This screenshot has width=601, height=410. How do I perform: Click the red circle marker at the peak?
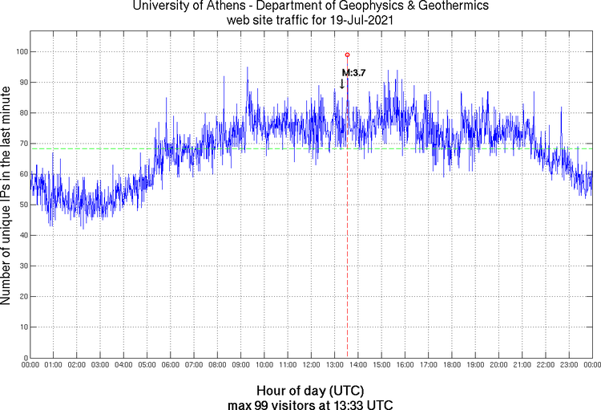pyautogui.click(x=347, y=55)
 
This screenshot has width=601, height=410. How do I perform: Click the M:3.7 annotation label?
pyautogui.click(x=354, y=72)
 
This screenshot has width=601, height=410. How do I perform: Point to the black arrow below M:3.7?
pyautogui.click(x=342, y=83)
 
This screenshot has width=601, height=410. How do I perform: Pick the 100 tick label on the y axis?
pyautogui.click(x=20, y=51)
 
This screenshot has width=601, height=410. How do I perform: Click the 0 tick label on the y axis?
pyautogui.click(x=25, y=358)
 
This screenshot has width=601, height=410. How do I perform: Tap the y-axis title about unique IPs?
pyautogui.click(x=7, y=197)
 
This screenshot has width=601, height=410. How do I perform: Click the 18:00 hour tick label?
pyautogui.click(x=451, y=365)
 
